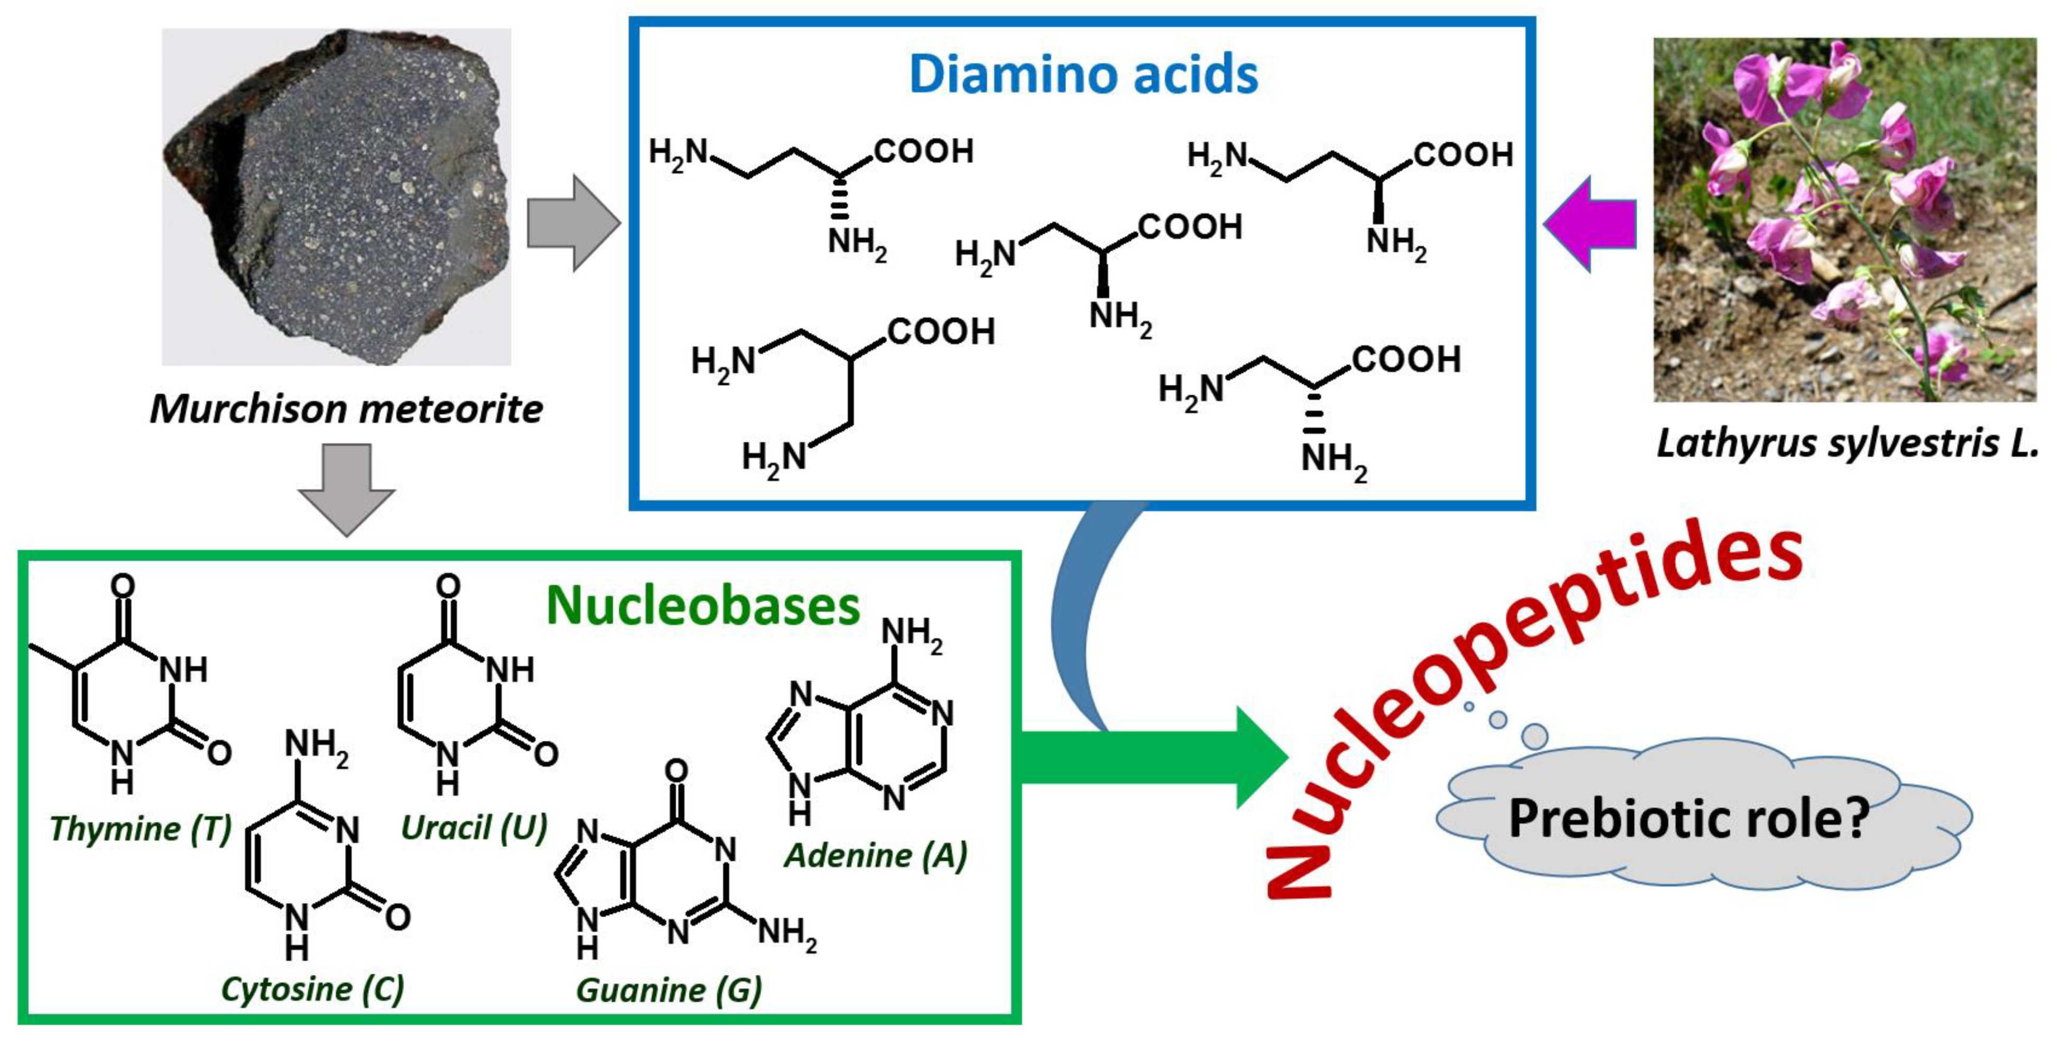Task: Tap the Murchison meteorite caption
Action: pyautogui.click(x=346, y=410)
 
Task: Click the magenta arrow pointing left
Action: pyautogui.click(x=1589, y=224)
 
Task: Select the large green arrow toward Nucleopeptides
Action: pyautogui.click(x=1150, y=757)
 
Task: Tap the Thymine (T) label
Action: pyautogui.click(x=140, y=828)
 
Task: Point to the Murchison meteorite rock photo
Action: pyautogui.click(x=337, y=197)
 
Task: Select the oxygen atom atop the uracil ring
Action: pyautogui.click(x=448, y=587)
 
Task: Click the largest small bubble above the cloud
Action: pyautogui.click(x=1534, y=735)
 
